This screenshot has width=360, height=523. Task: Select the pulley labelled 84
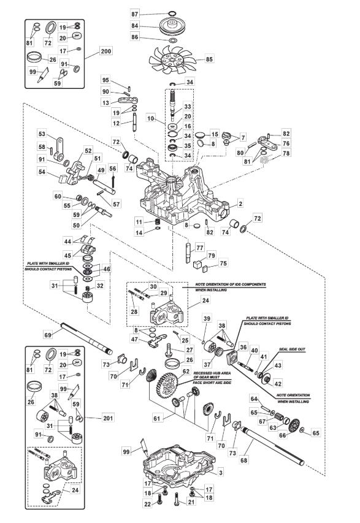tap(173, 26)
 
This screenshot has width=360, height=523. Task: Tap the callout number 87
tap(134, 14)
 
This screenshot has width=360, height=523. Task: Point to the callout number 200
tap(105, 51)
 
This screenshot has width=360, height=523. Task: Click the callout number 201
tap(108, 418)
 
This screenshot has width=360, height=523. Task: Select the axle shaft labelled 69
tap(86, 338)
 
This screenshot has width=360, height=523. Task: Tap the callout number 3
tap(221, 472)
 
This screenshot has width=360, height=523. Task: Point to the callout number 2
tap(240, 204)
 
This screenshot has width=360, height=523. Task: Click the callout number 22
tap(148, 505)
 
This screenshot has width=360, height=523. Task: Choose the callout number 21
tap(191, 502)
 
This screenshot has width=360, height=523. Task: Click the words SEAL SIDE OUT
tap(292, 349)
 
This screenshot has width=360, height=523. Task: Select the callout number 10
tap(150, 118)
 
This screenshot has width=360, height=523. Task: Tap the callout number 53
tap(42, 134)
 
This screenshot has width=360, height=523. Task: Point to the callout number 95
tap(105, 80)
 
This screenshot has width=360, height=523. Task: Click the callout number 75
tap(223, 263)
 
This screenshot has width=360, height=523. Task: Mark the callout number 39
tap(207, 318)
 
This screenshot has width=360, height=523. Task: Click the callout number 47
tap(134, 340)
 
